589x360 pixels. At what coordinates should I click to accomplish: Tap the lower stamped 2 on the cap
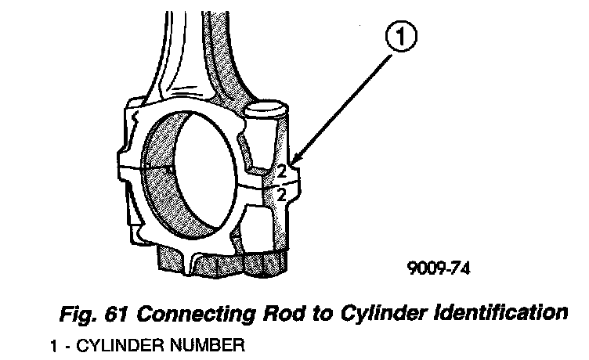[280, 194]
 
